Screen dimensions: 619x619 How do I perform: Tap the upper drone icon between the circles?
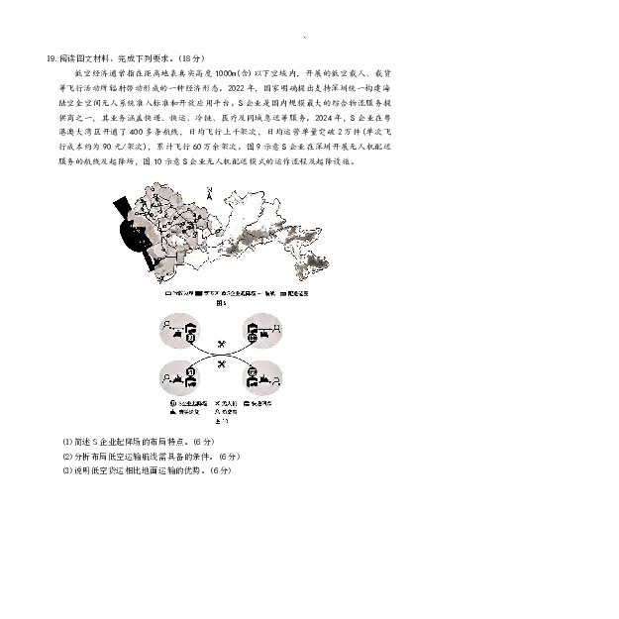pyautogui.click(x=221, y=344)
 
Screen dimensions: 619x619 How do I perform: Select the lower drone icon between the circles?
pyautogui.click(x=222, y=364)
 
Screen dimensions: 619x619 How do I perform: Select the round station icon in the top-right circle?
pyautogui.click(x=252, y=339)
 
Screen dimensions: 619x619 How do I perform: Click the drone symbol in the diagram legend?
pyautogui.click(x=219, y=405)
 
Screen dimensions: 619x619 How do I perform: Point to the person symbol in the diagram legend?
pyautogui.click(x=219, y=412)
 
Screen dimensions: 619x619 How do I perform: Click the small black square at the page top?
pyautogui.click(x=305, y=36)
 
